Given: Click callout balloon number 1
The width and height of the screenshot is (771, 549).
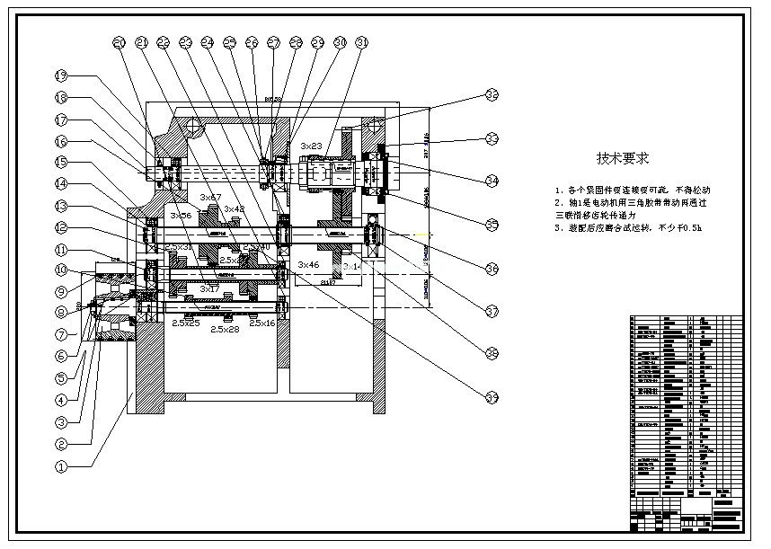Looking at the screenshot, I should [61, 466].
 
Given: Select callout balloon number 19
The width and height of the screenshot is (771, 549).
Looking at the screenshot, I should [61, 75].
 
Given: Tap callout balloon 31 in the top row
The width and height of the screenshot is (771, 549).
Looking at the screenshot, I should [362, 42].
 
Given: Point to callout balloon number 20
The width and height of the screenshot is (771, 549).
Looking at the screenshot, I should [120, 42].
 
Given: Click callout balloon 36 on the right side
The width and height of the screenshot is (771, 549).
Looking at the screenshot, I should [492, 268].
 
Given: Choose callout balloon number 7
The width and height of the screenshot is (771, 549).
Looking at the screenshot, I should [61, 334].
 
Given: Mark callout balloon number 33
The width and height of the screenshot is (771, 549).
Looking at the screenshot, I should [492, 138].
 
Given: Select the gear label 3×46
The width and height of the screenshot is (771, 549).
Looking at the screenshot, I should [308, 264].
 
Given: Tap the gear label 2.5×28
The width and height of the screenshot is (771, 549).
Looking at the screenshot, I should [225, 330].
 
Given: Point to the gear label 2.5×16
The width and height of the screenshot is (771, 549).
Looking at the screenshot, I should [262, 323].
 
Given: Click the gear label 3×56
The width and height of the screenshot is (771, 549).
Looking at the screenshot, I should [181, 217].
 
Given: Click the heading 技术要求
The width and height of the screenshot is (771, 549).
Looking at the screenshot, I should [623, 158].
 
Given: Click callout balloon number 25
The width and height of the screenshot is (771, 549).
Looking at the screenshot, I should [230, 42].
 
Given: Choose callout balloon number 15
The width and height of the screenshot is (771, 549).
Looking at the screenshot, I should [61, 162].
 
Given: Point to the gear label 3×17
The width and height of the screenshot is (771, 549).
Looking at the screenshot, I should [208, 288].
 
